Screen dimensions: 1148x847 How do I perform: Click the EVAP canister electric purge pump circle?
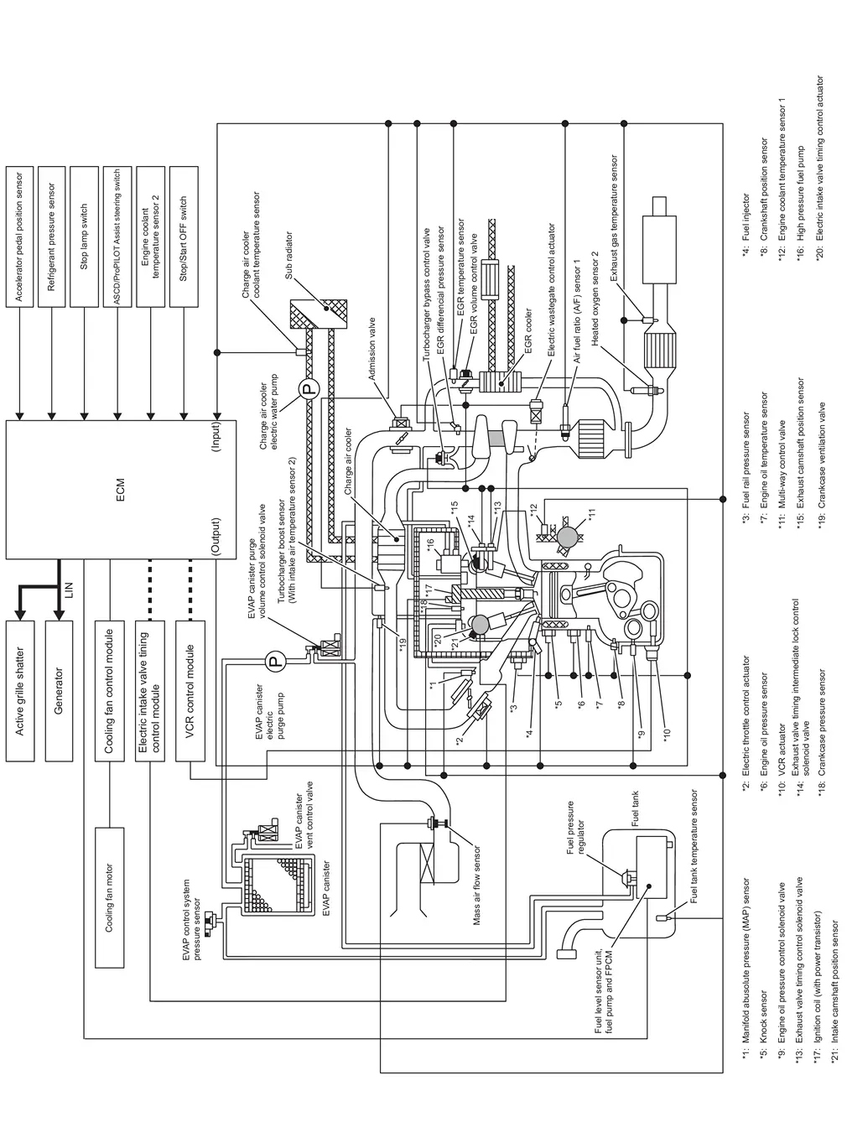274,662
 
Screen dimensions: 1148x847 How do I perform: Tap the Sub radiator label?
288,255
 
